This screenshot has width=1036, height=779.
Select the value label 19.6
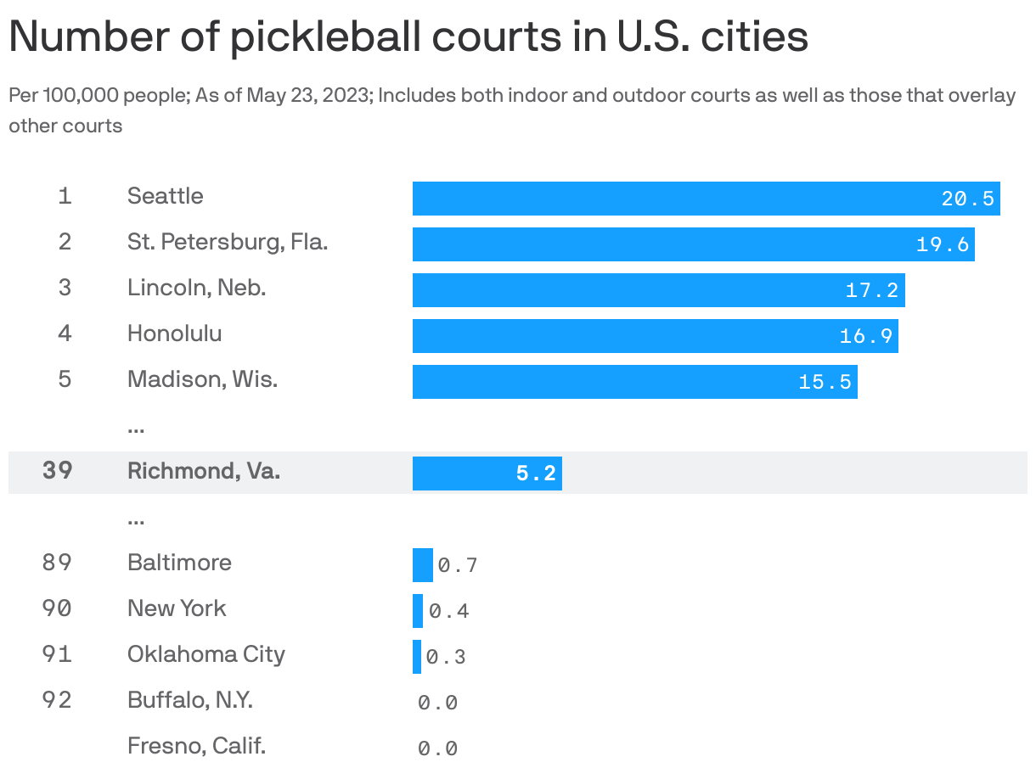point(942,244)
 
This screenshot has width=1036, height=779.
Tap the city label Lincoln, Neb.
point(196,288)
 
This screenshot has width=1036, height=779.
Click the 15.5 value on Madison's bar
point(825,382)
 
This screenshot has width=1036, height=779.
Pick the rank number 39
point(57,471)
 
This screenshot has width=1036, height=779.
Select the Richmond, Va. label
point(204,471)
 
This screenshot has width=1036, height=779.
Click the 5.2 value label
point(536,474)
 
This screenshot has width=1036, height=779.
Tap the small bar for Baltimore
point(422,565)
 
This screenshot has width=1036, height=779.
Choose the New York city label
point(177,608)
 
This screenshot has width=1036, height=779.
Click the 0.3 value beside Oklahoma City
point(446,657)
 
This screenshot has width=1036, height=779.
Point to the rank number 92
point(57,700)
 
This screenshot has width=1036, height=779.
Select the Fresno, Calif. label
point(196,746)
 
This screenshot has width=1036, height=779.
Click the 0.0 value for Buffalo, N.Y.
point(437,703)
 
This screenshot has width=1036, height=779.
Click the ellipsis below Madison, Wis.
point(135,429)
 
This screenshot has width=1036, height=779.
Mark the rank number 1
point(65,196)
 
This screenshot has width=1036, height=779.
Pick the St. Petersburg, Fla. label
point(228,242)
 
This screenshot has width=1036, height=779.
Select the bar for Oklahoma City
point(417,657)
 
